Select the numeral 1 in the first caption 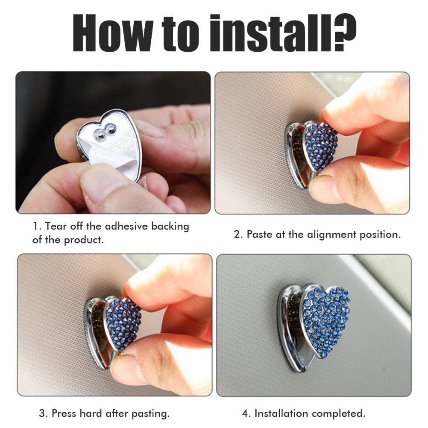click(x=35, y=226)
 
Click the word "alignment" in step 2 click(x=331, y=235)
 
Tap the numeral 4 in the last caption click(x=245, y=413)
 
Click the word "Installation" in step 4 click(x=281, y=413)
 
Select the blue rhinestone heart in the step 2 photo click(x=320, y=147)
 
